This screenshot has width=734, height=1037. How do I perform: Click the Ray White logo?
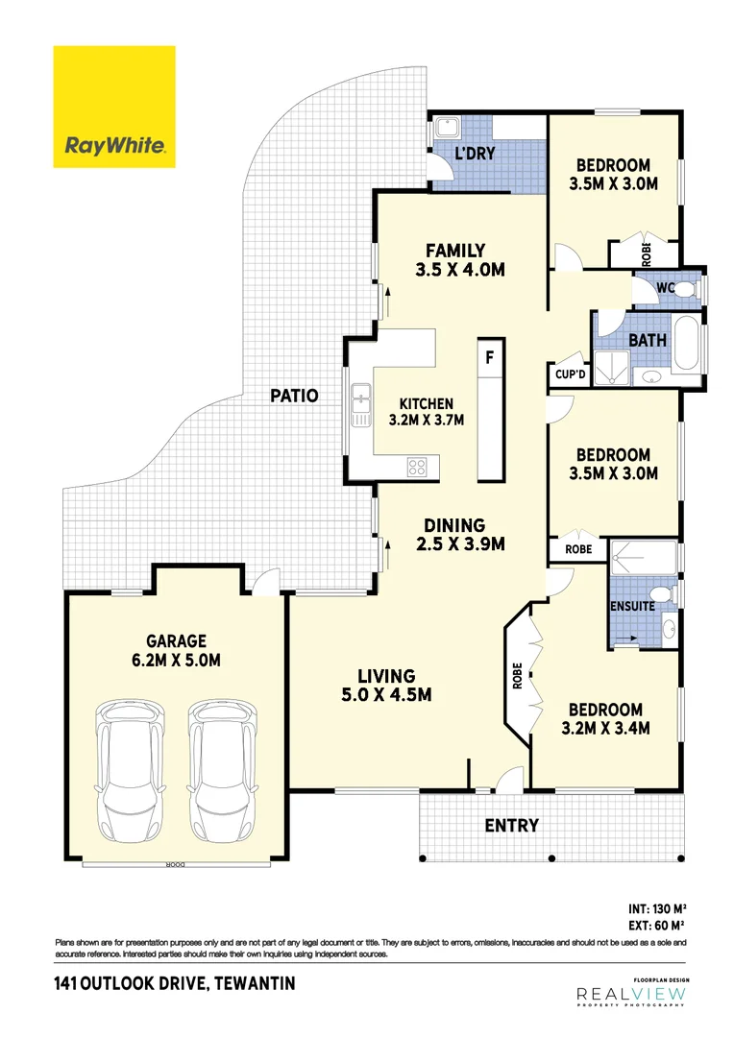point(114,107)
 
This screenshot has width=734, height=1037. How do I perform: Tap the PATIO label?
point(293,395)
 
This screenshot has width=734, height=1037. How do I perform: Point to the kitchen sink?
point(361,404)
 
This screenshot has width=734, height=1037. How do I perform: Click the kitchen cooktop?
point(418,468)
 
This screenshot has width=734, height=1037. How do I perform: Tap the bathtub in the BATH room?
point(689,347)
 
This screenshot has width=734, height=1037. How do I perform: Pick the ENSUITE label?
point(632,606)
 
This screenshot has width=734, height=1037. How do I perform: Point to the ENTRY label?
point(511,825)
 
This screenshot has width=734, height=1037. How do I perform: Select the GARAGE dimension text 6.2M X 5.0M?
point(177,660)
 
